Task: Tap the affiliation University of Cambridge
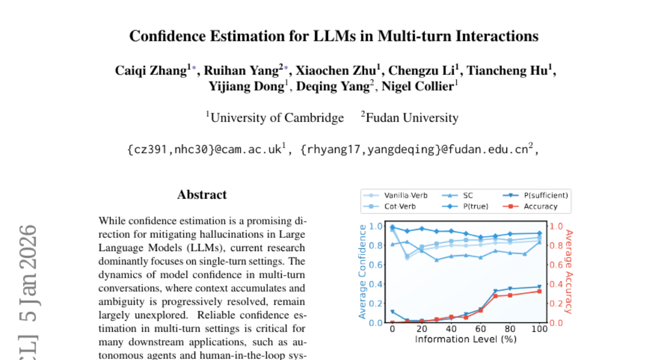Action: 277,118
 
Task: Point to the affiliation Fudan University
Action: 412,118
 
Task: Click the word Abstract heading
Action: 202,194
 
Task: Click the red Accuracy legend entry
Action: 540,206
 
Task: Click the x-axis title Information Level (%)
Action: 466,339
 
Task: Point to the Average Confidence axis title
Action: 363,272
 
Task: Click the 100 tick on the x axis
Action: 540,328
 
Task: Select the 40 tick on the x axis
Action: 451,328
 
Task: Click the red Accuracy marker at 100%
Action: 540,291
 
